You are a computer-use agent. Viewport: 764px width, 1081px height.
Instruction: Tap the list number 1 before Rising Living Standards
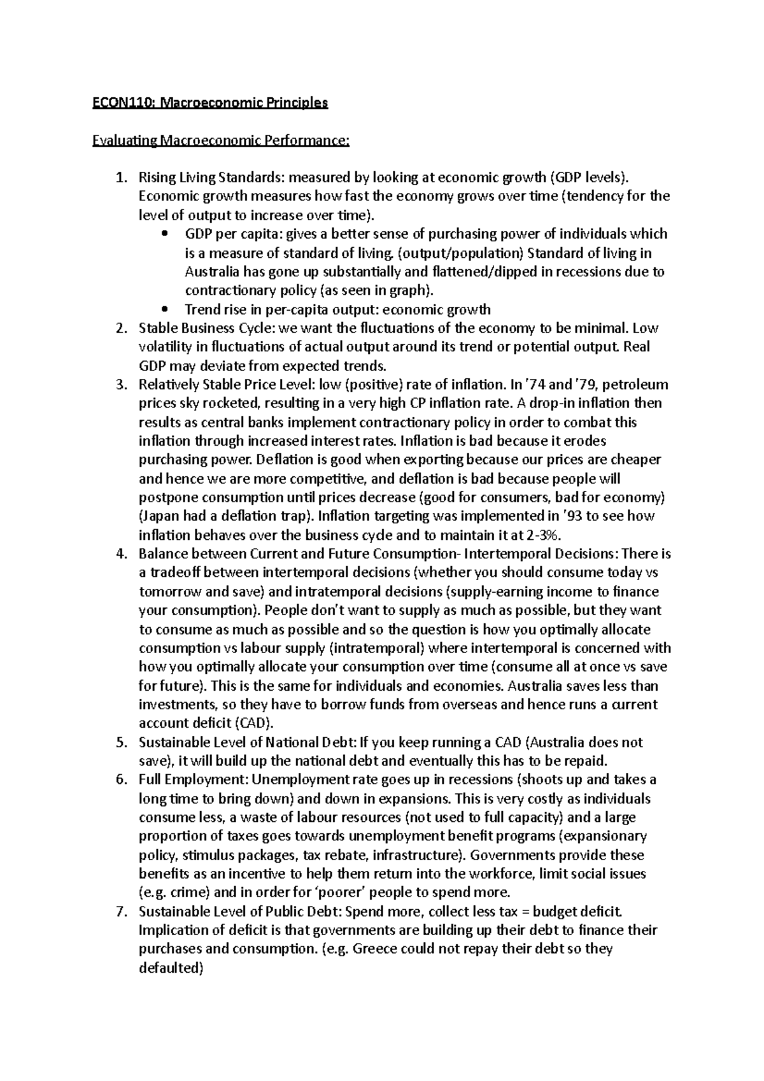pos(121,178)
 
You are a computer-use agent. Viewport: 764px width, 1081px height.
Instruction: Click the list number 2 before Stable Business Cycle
pos(121,329)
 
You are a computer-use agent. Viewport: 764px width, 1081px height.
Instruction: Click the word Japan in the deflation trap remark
pos(160,516)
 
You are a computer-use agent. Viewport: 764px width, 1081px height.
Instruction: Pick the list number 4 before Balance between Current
pos(121,555)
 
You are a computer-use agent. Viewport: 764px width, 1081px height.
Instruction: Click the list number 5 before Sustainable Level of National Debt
pos(121,742)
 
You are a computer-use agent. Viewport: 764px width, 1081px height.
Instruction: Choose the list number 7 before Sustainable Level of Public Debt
pos(121,912)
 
